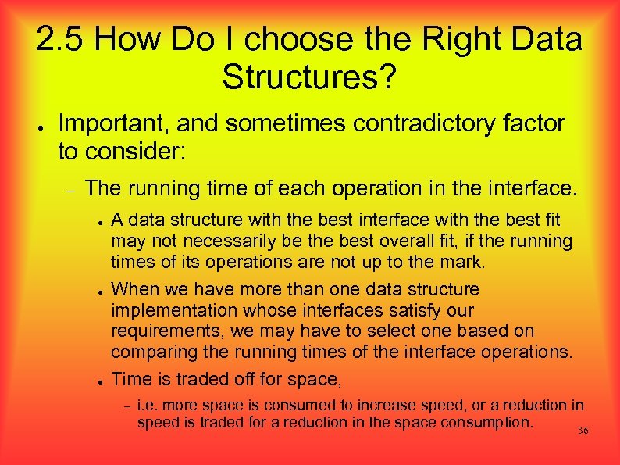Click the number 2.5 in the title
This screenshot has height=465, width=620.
click(x=65, y=40)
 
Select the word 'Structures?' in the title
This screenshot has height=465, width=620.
click(x=309, y=76)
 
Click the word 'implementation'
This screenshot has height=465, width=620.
click(x=176, y=309)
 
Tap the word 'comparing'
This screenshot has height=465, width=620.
click(x=152, y=350)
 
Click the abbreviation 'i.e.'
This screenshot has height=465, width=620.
click(x=149, y=405)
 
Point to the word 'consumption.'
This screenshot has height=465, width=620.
click(x=488, y=423)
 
